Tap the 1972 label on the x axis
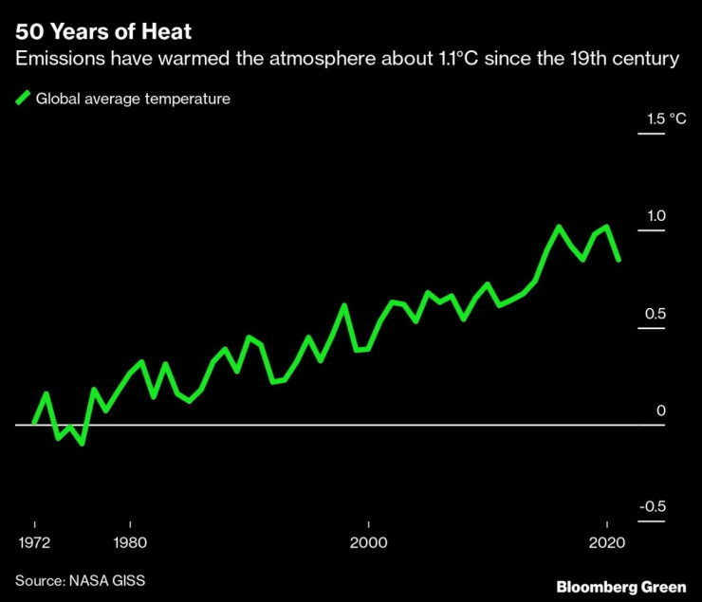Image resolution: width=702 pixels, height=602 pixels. point(34,543)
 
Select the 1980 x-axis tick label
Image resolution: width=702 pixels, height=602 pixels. point(130,543)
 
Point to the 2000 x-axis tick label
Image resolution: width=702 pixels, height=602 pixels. point(368,543)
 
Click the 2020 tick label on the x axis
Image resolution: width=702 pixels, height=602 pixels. point(606,543)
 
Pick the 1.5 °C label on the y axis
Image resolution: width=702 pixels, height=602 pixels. point(663,119)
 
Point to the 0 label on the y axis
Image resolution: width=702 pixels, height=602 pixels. point(661,410)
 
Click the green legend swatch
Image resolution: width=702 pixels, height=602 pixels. point(23,98)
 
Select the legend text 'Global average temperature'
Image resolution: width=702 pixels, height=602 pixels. point(133,98)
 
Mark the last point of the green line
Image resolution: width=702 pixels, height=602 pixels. point(619,259)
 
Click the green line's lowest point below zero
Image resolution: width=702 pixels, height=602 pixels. point(83,443)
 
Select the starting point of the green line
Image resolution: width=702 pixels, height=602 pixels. point(34,424)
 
